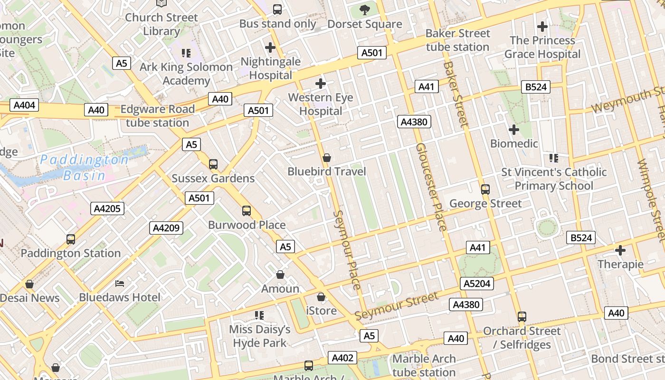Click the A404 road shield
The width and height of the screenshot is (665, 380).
click(24, 105)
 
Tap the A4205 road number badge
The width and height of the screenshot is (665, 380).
click(108, 208)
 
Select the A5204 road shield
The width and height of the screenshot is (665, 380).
click(477, 284)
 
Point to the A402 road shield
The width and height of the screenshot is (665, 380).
click(342, 358)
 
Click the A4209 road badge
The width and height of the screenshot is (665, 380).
click(166, 228)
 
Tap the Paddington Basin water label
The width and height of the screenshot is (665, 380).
click(85, 167)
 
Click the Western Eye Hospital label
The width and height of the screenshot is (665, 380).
click(321, 104)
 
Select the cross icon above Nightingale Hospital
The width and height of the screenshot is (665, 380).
click(270, 47)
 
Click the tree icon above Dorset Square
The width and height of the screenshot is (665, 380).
click(364, 9)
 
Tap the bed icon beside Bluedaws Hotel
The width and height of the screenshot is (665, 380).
click(120, 284)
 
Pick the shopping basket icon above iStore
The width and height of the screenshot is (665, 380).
click(321, 297)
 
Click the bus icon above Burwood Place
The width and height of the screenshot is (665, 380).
click(246, 210)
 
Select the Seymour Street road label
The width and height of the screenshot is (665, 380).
click(397, 306)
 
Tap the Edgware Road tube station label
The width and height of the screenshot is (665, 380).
click(157, 116)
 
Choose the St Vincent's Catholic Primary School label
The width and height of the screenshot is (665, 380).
click(554, 179)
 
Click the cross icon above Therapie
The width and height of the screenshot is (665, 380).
click(620, 250)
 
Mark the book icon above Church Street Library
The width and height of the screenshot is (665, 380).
click(161, 3)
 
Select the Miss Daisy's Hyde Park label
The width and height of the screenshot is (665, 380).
click(259, 336)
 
